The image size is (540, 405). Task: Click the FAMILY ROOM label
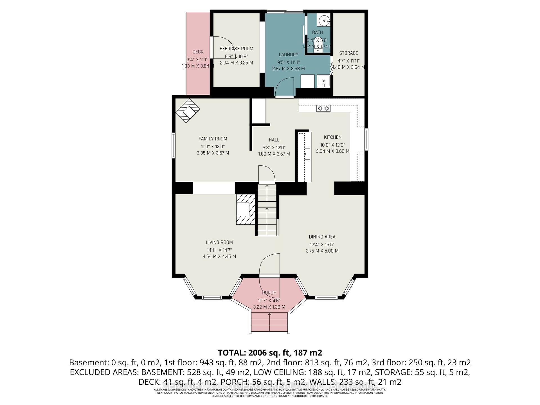click(213, 139)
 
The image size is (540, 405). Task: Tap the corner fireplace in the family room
click(188, 110)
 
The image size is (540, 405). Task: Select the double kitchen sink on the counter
click(323, 108)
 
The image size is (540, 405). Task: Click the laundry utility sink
click(323, 82)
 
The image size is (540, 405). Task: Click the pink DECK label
click(198, 52)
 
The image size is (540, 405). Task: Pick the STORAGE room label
click(348, 53)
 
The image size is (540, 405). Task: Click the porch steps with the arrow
click(269, 322)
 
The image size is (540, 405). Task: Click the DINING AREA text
click(322, 237)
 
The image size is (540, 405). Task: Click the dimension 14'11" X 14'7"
click(219, 250)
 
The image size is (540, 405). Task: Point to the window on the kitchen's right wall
click(366, 139)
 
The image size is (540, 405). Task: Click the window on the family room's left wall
click(174, 145)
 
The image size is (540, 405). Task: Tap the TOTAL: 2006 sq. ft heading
click(270, 352)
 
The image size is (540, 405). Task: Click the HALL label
click(274, 140)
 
